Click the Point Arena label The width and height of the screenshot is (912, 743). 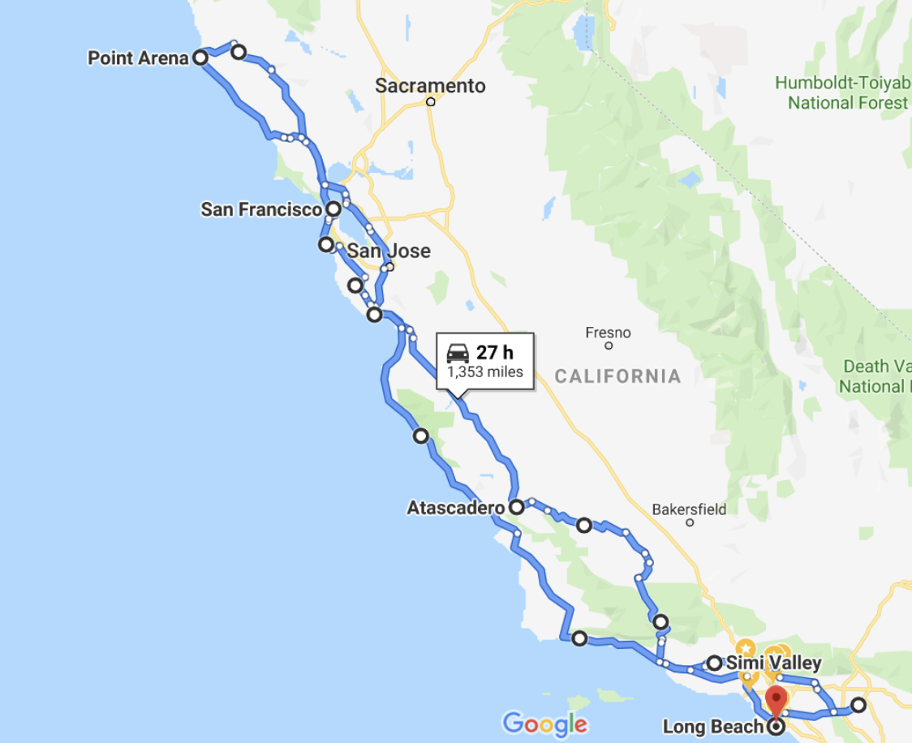pos(138,58)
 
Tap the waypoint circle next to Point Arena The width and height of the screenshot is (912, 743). pos(200,58)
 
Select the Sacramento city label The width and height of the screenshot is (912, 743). pos(430,86)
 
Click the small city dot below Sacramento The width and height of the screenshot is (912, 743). pos(431,102)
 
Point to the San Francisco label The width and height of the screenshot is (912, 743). pos(261,210)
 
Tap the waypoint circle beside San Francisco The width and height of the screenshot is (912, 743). pos(333,209)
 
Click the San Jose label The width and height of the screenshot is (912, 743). pos(389,251)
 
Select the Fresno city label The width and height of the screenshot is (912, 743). pos(608,333)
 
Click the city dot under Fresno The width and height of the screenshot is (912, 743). pos(609,346)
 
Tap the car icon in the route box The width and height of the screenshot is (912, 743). pos(458,353)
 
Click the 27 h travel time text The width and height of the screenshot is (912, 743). pos(494,353)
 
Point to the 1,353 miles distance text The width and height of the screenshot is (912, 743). pos(485,373)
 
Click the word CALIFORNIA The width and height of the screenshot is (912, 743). pos(617,376)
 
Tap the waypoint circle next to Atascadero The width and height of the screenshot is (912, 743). pos(516,508)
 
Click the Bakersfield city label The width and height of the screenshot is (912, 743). pos(689,509)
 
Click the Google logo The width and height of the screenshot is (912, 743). pos(544,724)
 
